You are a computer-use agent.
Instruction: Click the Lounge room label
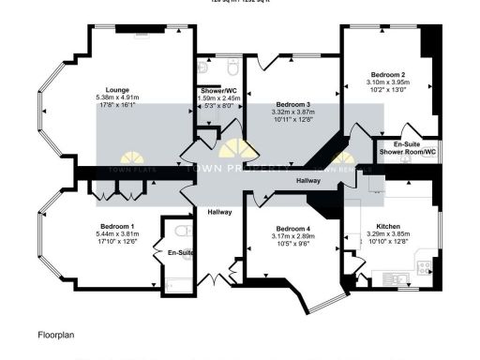tap(117, 90)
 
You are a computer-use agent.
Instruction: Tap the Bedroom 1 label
tap(117, 226)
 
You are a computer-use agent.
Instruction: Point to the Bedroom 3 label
tap(292, 103)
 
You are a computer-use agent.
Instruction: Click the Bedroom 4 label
tap(293, 229)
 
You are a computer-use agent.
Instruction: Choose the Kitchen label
tap(388, 227)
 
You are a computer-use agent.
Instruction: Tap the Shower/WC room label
tap(219, 90)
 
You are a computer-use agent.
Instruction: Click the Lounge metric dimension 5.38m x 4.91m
tap(117, 97)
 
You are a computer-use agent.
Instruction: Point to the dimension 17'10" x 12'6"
tap(117, 241)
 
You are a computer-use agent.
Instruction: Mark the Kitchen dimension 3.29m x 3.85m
tap(388, 234)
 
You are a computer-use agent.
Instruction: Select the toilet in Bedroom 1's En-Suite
tap(182, 231)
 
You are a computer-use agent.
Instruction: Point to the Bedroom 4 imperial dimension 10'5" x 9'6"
tap(293, 244)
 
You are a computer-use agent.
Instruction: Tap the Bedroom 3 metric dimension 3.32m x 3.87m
tap(292, 111)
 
